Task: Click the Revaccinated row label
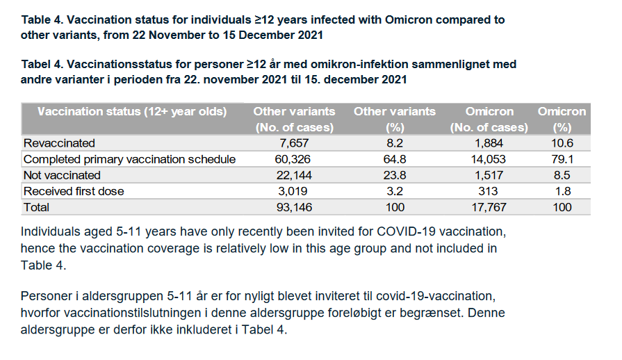click(x=59, y=143)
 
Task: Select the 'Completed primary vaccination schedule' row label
click(x=130, y=159)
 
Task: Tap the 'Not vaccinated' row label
click(x=62, y=175)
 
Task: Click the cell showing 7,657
click(x=294, y=143)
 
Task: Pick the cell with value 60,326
click(x=294, y=159)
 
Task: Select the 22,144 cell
click(x=294, y=175)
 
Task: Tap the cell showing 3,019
click(x=294, y=191)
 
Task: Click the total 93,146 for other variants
click(x=294, y=207)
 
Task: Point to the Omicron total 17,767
click(x=489, y=207)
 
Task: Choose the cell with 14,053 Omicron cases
click(x=489, y=159)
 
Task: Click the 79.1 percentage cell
click(x=562, y=159)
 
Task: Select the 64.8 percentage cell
click(x=395, y=159)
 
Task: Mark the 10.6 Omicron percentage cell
click(x=562, y=143)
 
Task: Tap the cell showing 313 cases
click(x=489, y=191)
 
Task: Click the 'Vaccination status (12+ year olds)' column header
click(x=131, y=111)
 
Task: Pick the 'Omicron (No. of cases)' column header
click(x=489, y=119)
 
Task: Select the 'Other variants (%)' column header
click(x=395, y=119)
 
